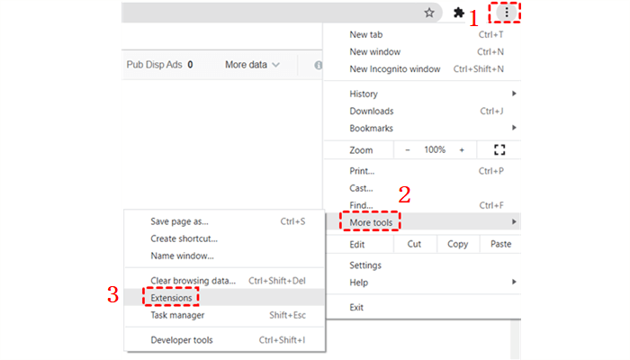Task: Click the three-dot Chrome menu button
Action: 508,13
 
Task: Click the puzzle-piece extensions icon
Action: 460,13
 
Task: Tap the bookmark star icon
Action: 430,13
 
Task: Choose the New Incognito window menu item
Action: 395,69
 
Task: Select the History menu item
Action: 364,94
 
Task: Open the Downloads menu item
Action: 372,112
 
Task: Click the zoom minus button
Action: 408,150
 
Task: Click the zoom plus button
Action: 462,150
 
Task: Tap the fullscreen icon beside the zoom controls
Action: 500,150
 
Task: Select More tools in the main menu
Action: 371,221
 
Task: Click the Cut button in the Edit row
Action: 414,244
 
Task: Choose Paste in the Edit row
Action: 501,244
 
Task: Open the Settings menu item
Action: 365,265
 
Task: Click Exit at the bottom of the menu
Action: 358,308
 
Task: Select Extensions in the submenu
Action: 172,297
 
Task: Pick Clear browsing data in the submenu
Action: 193,280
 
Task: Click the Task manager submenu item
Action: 177,315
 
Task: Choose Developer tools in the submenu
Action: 182,340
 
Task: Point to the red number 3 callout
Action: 112,294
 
